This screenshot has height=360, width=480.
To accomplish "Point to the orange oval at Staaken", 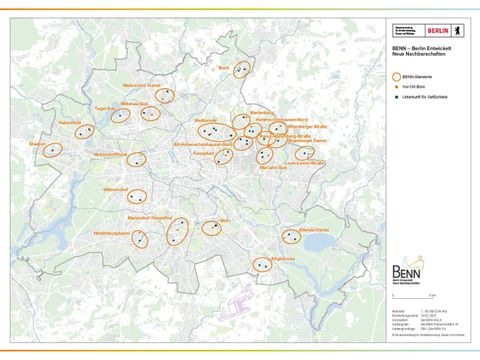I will [53, 150].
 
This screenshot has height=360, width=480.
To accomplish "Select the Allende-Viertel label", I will [297, 227].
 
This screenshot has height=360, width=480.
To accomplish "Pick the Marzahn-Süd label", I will [274, 167].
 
